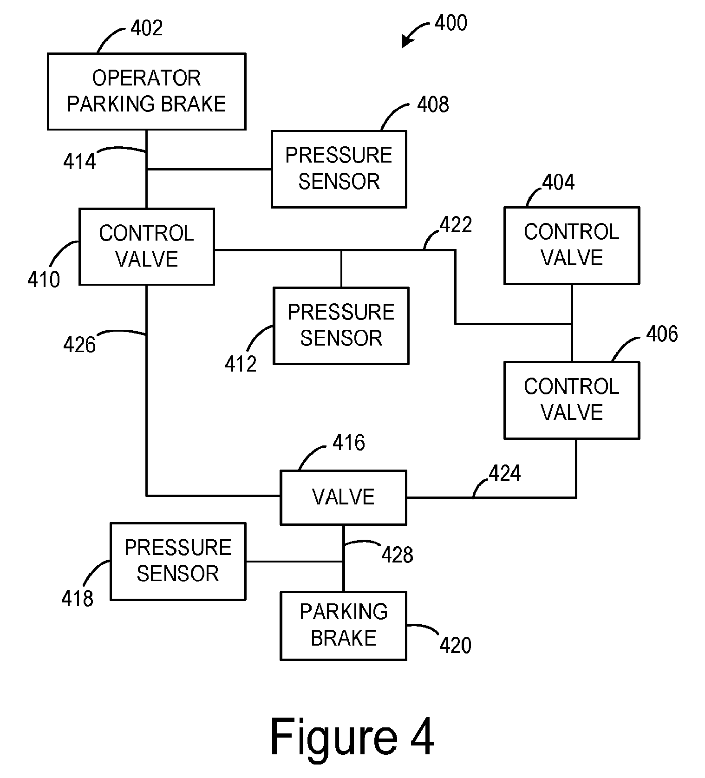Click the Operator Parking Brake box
point(146,91)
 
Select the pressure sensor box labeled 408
point(339,169)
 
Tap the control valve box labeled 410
point(146,246)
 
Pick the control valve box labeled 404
point(572,245)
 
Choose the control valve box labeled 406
point(572,400)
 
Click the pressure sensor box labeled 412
point(341,325)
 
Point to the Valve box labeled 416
point(343,497)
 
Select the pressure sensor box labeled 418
point(178,561)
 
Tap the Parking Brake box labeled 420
point(343,625)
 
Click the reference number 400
point(451,23)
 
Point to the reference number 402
point(147,28)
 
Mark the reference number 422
point(456,225)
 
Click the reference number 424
point(505,473)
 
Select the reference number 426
point(79,345)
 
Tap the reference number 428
point(397,554)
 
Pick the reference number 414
point(79,162)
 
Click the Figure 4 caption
point(352,737)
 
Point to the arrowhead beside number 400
point(407,42)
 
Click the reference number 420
point(455,645)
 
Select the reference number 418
point(78,598)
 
